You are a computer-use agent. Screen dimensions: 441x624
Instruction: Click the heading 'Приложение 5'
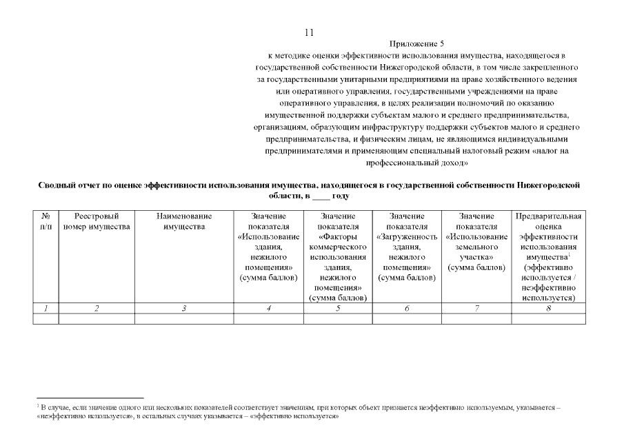(x=416, y=43)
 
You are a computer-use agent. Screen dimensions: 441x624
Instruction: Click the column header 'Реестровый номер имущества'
(x=97, y=221)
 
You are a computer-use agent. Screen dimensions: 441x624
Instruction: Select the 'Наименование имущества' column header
(x=184, y=221)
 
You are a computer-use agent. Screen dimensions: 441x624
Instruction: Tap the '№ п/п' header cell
(x=46, y=221)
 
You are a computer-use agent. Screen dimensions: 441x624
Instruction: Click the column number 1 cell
(x=46, y=309)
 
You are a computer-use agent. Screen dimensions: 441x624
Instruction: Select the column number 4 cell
(x=268, y=309)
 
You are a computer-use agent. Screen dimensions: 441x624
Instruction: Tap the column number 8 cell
(x=549, y=309)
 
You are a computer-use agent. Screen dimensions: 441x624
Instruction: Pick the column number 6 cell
(x=407, y=309)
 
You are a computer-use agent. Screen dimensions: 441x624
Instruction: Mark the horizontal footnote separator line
(x=90, y=398)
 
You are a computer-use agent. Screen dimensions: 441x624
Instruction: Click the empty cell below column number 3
(x=184, y=319)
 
